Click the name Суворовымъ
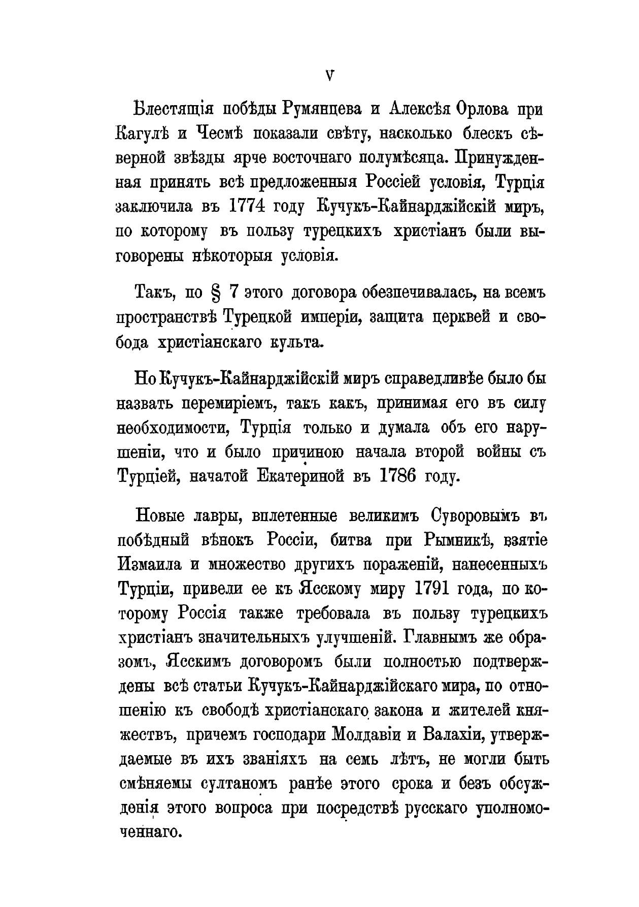coord(476,515)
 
